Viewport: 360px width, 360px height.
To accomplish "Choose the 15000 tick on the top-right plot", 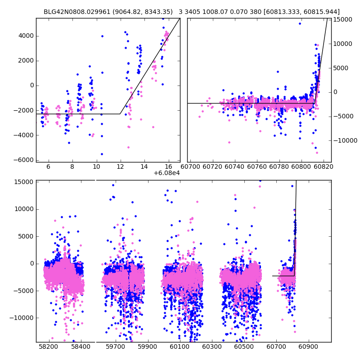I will tap(343, 19).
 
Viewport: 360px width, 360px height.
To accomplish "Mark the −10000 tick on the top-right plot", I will tap(344, 140).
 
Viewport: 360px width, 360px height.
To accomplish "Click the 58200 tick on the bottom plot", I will tap(49, 347).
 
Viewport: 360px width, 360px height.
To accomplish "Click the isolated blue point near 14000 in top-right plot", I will tap(300, 23).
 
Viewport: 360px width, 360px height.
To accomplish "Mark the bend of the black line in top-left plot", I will tap(120, 114).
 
